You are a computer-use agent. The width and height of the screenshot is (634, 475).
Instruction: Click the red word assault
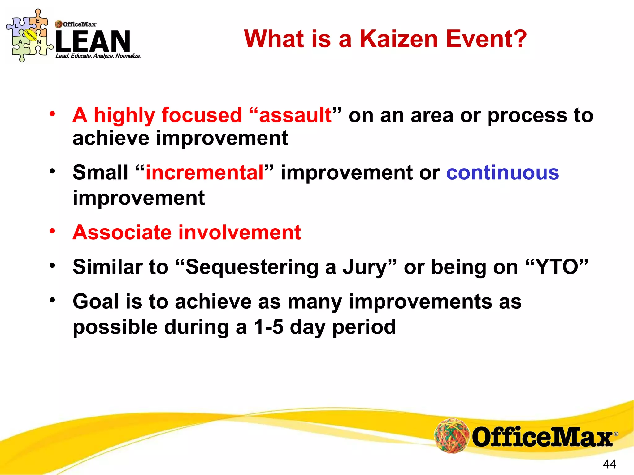(295, 115)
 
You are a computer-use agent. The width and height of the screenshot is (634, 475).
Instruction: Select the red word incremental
(204, 173)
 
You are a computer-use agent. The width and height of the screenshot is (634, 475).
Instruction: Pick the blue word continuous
(502, 173)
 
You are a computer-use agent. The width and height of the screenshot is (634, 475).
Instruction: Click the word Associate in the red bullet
(122, 232)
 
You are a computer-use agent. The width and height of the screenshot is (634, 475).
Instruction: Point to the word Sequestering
(252, 267)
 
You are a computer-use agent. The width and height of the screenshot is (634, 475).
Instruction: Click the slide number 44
(609, 464)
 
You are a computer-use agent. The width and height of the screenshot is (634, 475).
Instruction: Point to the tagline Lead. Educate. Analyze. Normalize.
(98, 56)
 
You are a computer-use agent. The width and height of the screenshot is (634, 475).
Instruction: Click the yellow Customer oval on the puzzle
(31, 35)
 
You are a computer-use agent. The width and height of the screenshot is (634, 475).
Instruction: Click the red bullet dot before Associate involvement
(52, 231)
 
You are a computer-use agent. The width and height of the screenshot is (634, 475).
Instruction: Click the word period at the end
(364, 327)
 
